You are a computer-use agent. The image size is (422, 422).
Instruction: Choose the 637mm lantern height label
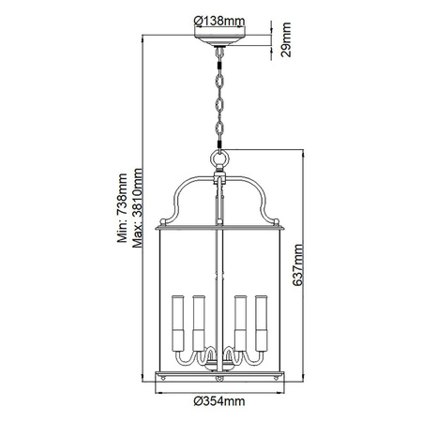297,264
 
